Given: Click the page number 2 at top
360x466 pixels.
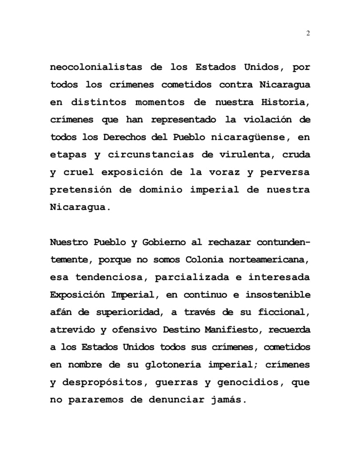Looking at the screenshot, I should (x=308, y=34).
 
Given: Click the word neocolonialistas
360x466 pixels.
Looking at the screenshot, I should (x=96, y=68).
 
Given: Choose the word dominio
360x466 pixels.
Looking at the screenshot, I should (x=158, y=190).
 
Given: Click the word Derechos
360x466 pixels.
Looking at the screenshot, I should (x=123, y=137).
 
